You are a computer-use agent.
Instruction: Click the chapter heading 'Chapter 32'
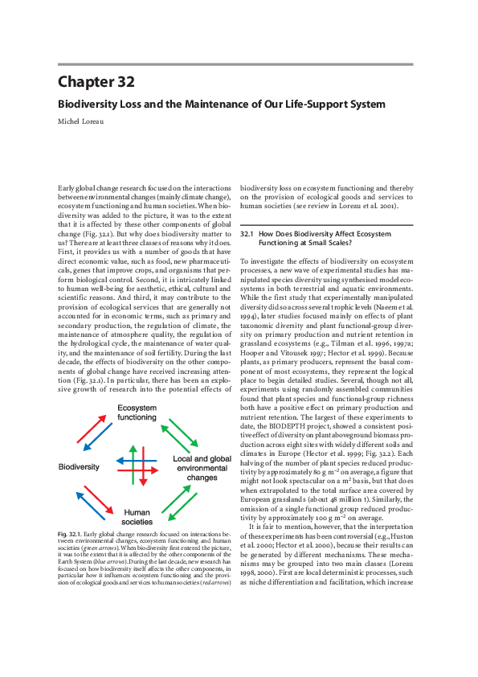(x=96, y=81)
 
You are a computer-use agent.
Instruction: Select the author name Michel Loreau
(x=86, y=121)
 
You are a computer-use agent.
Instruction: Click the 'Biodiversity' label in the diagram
(x=79, y=466)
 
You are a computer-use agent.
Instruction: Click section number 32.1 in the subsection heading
(x=247, y=234)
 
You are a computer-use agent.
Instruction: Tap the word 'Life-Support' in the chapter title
(x=319, y=105)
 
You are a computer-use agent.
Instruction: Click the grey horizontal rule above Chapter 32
(x=235, y=64)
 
